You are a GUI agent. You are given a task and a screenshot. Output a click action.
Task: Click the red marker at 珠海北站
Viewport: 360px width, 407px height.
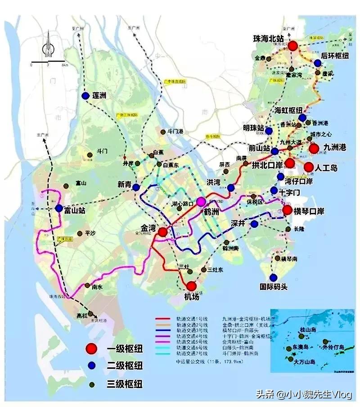(x=292, y=45)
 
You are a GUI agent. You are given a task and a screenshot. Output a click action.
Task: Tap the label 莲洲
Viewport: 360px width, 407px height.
(x=102, y=96)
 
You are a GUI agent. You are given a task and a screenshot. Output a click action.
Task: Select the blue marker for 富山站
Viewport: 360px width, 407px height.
(x=59, y=208)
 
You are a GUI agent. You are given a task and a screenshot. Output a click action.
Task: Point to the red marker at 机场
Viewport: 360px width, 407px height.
(x=191, y=286)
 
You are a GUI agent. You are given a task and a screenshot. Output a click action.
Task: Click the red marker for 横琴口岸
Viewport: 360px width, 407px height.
(x=287, y=210)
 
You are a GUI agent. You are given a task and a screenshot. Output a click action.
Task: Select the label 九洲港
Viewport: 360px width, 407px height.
(x=335, y=147)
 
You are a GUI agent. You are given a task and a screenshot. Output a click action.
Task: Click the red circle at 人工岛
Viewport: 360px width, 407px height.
(x=308, y=167)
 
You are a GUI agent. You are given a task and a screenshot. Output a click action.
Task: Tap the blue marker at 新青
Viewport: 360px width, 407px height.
(x=136, y=187)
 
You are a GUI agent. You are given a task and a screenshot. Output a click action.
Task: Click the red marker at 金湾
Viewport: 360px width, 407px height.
(x=163, y=231)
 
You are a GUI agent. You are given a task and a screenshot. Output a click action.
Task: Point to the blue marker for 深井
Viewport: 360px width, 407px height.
(x=254, y=224)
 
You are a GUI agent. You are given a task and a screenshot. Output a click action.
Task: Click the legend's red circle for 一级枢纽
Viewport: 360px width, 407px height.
(x=91, y=348)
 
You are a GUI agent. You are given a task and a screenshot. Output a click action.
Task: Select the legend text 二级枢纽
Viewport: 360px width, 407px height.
(x=125, y=366)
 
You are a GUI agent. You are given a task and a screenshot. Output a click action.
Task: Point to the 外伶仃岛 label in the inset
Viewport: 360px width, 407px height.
(x=330, y=347)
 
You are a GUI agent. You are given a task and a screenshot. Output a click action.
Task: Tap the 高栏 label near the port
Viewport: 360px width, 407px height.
(x=82, y=313)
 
